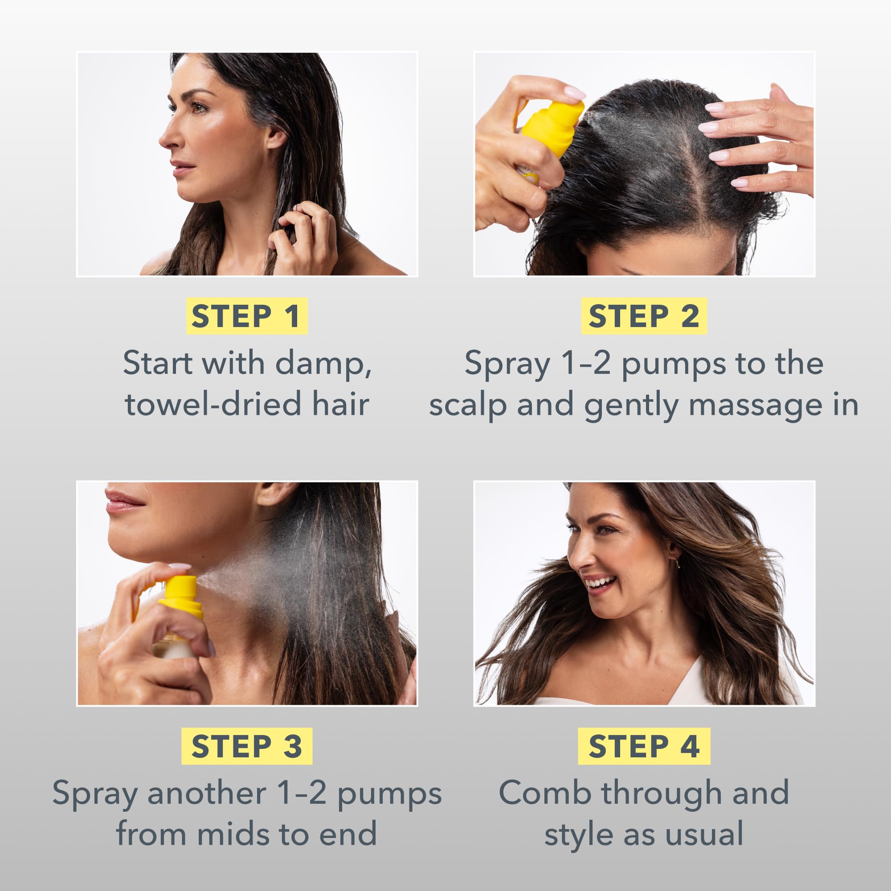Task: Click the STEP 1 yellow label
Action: coord(246,316)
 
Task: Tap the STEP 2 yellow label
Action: coord(644,316)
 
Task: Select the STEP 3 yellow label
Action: coord(246,746)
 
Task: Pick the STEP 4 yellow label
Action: coord(644,746)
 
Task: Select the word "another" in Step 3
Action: coord(207,793)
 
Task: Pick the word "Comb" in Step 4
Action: coord(545,793)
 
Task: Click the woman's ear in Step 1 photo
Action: coord(277,137)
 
